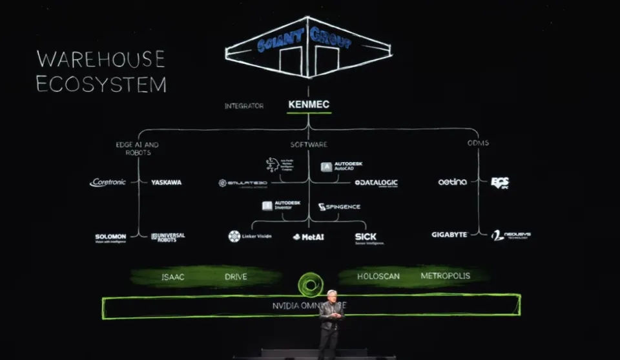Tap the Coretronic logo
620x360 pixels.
(108, 182)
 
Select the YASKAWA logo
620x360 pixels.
(166, 182)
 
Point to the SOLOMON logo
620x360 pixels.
(110, 237)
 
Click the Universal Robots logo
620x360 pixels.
(168, 237)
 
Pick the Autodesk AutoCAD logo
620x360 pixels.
(337, 167)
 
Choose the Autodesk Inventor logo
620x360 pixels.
(281, 206)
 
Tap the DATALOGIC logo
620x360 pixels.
(376, 183)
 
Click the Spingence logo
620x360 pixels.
(339, 207)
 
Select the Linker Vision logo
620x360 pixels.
(250, 237)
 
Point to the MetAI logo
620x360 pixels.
(309, 237)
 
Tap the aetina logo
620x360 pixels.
(452, 182)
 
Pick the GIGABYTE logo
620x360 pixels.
(449, 235)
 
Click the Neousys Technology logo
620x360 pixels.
(511, 235)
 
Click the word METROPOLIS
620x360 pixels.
(446, 276)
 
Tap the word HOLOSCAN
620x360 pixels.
(378, 276)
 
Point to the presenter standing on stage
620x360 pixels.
(331, 323)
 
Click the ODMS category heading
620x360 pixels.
(478, 143)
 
